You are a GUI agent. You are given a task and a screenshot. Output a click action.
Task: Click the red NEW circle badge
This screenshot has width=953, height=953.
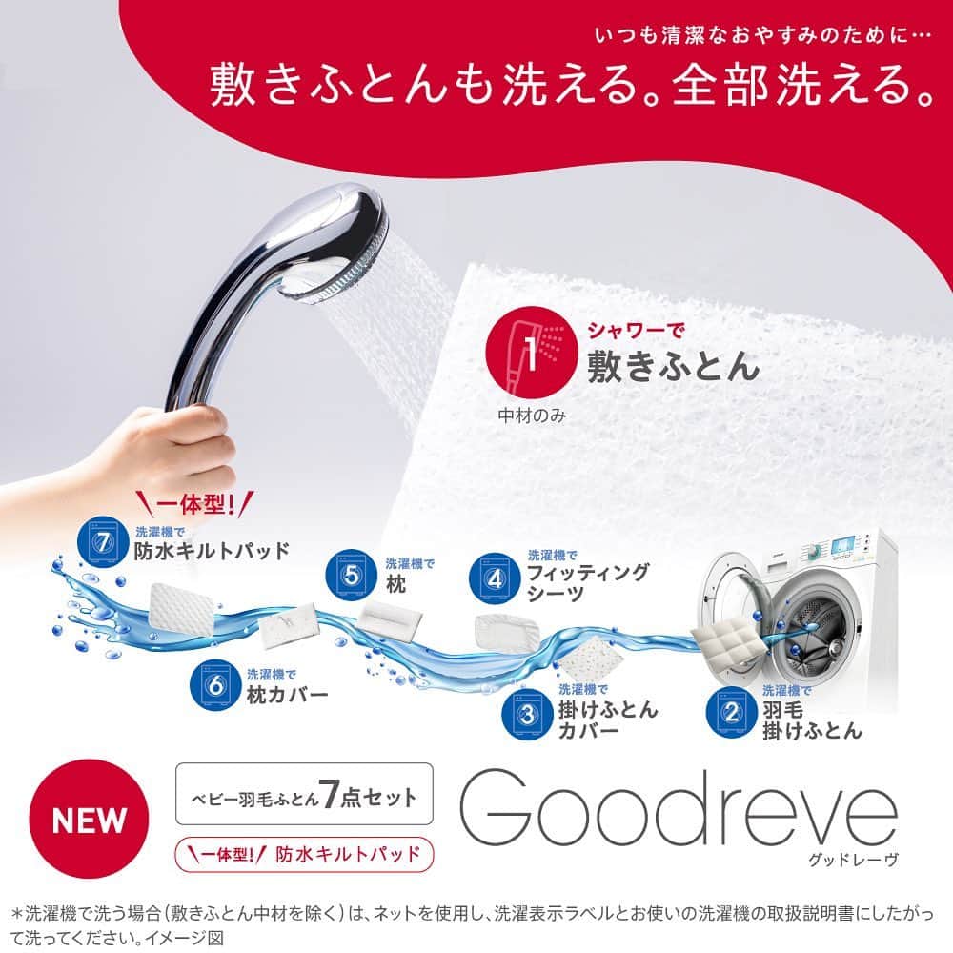point(89,819)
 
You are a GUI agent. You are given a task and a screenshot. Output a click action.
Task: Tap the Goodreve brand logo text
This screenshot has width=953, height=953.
point(679,809)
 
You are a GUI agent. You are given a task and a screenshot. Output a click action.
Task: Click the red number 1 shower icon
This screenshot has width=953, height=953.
point(531,353)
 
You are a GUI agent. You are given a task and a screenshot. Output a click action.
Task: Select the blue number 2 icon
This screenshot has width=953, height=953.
point(731,712)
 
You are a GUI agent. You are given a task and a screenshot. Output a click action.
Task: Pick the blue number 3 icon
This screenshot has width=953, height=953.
point(527,714)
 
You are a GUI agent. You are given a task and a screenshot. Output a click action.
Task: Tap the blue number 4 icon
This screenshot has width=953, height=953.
point(495,578)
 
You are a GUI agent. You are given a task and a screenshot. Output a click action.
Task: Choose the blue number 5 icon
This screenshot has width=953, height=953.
point(352,575)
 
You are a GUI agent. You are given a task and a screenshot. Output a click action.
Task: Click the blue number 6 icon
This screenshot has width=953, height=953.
point(215,686)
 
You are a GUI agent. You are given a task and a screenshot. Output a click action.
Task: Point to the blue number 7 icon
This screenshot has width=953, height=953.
point(103,541)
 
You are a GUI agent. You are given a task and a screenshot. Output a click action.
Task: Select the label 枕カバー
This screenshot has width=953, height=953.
point(288,695)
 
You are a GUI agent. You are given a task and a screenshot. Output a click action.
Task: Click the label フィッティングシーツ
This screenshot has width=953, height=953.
point(587,583)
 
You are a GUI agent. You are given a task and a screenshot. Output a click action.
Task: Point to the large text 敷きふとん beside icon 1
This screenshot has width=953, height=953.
point(673,367)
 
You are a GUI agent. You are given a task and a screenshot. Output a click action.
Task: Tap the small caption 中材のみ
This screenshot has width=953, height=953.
point(532,416)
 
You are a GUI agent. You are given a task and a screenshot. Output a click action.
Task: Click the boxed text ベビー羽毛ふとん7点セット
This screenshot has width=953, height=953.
point(305,795)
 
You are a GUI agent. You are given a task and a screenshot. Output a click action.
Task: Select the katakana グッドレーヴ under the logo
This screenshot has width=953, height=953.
point(853,860)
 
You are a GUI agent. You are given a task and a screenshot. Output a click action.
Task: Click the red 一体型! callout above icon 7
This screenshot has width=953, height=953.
point(194,504)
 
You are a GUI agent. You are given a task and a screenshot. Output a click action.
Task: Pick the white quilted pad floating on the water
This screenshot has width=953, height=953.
point(182,605)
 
